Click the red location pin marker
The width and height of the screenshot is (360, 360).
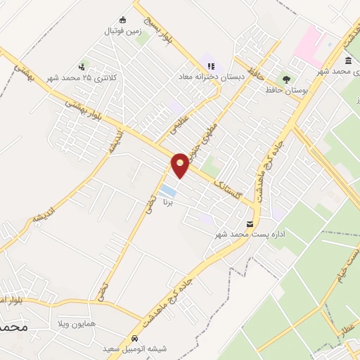point(181,165)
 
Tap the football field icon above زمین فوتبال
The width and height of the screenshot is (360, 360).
point(122,20)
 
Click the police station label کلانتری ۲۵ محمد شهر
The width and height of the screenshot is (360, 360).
point(77,77)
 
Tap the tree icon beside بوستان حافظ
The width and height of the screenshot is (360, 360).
point(286,79)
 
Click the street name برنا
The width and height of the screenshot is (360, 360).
point(167,203)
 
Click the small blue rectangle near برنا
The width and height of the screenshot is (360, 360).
point(167,191)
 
